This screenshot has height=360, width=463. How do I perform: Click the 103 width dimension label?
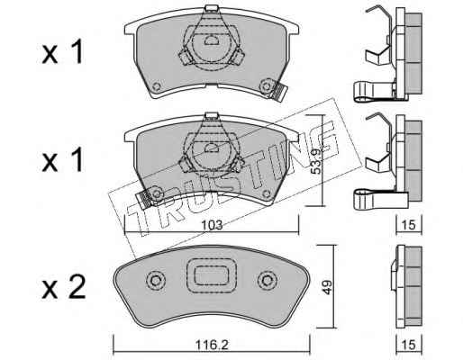pos(212,225)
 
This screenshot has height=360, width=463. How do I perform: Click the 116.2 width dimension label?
pos(212,345)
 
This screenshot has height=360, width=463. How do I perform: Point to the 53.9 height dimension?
pos(316,160)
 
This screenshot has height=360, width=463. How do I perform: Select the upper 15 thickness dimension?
pos(409,225)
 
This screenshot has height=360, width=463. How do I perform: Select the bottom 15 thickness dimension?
pos(409,345)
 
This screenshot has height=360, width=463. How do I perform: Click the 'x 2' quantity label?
pos(64,287)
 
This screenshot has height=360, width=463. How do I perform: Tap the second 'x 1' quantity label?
pos(62,160)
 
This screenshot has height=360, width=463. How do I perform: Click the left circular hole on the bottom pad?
pos(156,281)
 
